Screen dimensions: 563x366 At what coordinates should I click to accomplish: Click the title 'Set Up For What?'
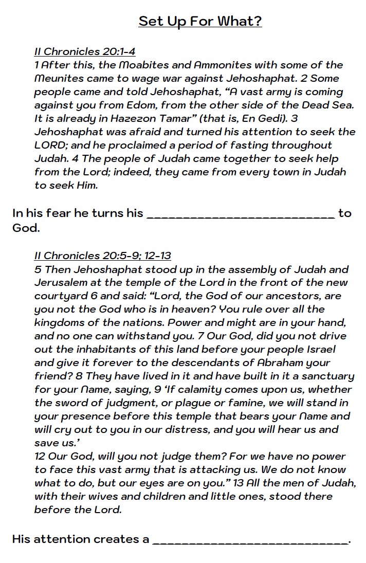coord(200,21)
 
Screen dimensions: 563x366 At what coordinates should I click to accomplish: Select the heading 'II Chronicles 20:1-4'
coord(85,51)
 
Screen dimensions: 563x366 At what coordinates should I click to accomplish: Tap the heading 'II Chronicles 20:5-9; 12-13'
coord(103,256)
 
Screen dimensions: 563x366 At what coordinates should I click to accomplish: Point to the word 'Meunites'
coord(57,78)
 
